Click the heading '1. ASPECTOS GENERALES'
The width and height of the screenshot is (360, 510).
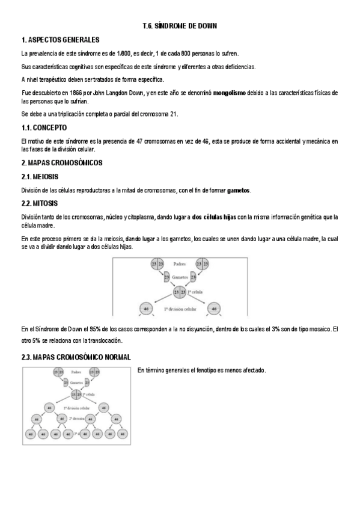tap(60, 40)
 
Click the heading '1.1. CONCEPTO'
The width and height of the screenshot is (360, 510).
tap(44, 128)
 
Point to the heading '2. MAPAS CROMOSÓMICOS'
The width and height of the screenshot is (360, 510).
tap(62, 163)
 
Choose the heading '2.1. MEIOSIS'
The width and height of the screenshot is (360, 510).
tap(40, 177)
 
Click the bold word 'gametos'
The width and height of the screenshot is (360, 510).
tap(239, 191)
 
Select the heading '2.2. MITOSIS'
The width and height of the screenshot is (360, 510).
tap(40, 204)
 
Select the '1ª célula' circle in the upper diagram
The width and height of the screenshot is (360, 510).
tap(178, 292)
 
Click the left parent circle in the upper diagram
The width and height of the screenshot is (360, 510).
tap(157, 264)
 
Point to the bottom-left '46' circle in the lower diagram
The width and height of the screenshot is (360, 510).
tap(29, 433)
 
